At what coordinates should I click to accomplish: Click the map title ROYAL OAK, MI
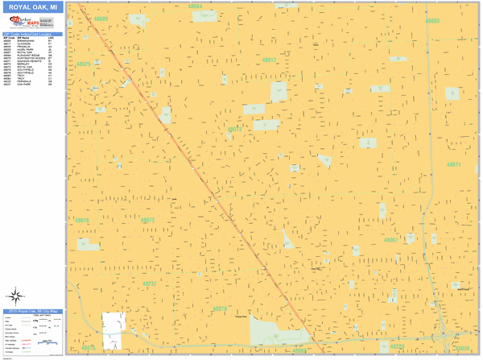point(33,7)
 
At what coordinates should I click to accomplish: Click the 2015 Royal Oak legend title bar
point(33,311)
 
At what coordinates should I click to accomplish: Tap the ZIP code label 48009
point(100,18)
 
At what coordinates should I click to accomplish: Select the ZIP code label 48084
point(195,6)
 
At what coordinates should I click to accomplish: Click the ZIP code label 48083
point(432,21)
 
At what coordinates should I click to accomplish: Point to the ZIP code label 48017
point(269,60)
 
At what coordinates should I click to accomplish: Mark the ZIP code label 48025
point(83,64)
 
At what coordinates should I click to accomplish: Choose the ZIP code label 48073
point(234,129)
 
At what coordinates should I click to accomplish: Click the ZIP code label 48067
point(391,240)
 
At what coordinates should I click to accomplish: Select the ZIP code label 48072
point(147,220)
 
